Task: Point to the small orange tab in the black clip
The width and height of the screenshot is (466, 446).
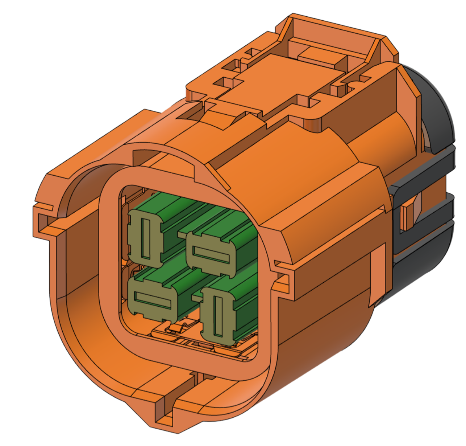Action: [408, 216]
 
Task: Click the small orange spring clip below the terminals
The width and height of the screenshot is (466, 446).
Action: [178, 328]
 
